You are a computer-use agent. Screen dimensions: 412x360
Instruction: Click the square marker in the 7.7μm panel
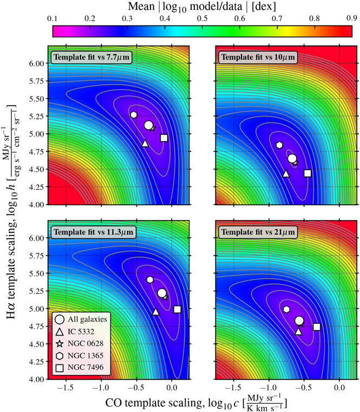click(164, 138)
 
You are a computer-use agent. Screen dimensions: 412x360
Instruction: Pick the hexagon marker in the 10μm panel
click(279, 145)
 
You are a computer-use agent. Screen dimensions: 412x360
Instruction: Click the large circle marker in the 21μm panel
click(299, 321)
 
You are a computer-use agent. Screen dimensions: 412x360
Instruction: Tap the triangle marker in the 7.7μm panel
click(145, 143)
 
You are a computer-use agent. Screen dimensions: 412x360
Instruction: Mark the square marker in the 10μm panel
click(307, 173)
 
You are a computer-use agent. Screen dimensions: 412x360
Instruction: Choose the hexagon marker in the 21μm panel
click(287, 309)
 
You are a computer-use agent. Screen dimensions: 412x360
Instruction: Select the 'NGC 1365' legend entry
click(85, 356)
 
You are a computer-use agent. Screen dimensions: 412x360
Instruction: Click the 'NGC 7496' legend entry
click(85, 368)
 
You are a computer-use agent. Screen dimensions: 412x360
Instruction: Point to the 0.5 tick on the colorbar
click(202, 19)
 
